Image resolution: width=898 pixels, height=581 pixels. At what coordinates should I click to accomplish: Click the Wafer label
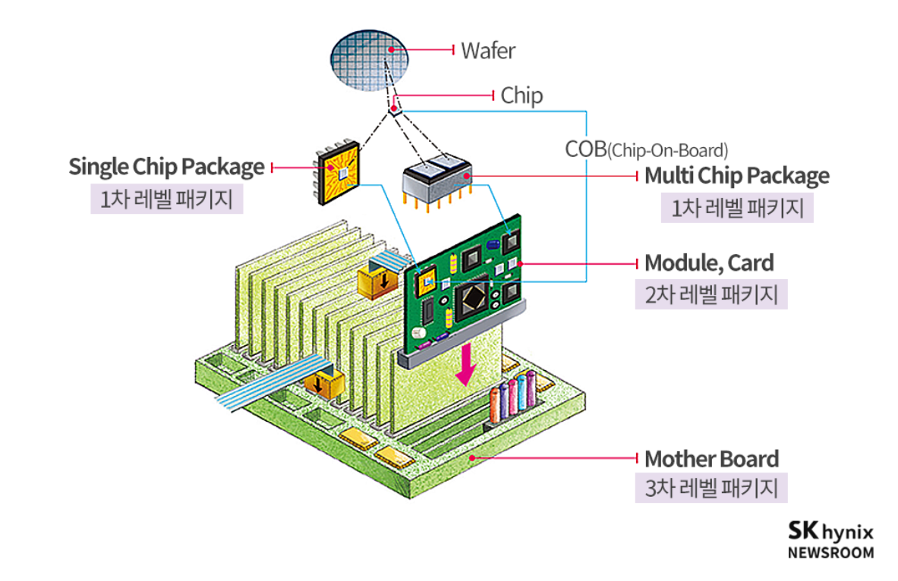(x=488, y=51)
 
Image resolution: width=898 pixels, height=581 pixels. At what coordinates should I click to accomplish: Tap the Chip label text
(x=521, y=96)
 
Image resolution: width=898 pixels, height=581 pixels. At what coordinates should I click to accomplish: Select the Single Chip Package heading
(x=166, y=167)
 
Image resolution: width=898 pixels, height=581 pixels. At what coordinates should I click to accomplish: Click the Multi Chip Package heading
(x=736, y=176)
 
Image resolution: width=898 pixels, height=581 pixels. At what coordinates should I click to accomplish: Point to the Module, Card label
(x=709, y=263)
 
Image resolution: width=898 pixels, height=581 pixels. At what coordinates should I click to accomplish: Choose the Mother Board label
(x=711, y=459)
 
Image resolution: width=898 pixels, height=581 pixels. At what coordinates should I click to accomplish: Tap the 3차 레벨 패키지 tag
(x=711, y=488)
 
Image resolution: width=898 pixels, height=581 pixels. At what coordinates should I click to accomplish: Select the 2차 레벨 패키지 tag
(x=711, y=294)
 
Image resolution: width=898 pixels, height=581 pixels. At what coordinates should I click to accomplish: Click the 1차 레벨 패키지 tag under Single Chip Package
(x=166, y=199)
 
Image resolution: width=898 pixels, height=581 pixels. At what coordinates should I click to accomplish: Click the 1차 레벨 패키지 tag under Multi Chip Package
(x=736, y=207)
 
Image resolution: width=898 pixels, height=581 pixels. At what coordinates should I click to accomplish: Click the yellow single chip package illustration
(x=339, y=174)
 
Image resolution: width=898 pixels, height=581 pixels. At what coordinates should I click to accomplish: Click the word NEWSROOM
(x=830, y=552)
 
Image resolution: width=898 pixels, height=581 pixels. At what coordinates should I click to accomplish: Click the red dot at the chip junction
(x=393, y=109)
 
